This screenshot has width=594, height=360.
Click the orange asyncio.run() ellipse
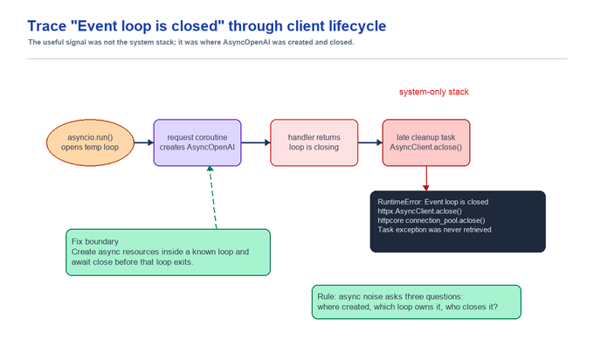click(90, 142)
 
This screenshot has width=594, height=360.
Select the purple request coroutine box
click(197, 142)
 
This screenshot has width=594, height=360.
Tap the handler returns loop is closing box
click(314, 142)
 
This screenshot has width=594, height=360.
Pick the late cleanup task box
click(426, 142)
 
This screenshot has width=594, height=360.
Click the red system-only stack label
click(434, 92)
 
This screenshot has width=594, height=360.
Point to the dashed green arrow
click(213, 197)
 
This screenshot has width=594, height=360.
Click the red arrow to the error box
click(426, 178)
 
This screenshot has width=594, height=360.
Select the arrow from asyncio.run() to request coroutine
click(144, 142)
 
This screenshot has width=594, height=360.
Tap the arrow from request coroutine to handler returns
click(256, 142)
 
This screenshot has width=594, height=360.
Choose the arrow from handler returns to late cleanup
click(370, 142)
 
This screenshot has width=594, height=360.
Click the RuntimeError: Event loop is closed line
click(433, 202)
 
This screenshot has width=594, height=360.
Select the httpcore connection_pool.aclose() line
click(432, 220)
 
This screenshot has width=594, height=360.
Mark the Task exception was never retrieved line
click(434, 230)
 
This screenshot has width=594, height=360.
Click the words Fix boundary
click(95, 241)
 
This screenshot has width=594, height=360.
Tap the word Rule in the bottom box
click(326, 296)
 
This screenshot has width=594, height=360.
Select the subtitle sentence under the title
click(191, 42)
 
